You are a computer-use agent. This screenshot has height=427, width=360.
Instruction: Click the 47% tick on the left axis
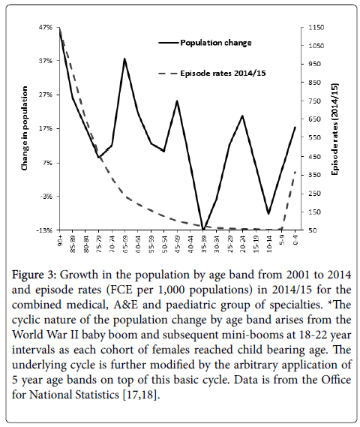(47, 28)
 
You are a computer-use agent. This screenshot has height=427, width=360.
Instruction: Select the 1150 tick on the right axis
(316, 28)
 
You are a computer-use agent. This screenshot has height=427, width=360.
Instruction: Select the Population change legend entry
(205, 43)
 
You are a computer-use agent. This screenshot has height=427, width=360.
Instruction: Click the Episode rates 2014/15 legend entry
(212, 74)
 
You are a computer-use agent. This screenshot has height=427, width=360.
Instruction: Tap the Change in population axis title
(25, 128)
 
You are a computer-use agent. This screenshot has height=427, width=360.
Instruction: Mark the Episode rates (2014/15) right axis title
(334, 129)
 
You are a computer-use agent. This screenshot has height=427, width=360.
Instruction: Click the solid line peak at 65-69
(124, 59)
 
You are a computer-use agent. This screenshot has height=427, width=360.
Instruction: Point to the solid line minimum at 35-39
(203, 230)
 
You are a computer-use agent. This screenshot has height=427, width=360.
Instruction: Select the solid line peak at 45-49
(177, 101)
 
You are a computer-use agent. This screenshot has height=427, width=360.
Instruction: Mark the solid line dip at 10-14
(268, 213)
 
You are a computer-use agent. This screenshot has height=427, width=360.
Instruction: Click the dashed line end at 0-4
(295, 172)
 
